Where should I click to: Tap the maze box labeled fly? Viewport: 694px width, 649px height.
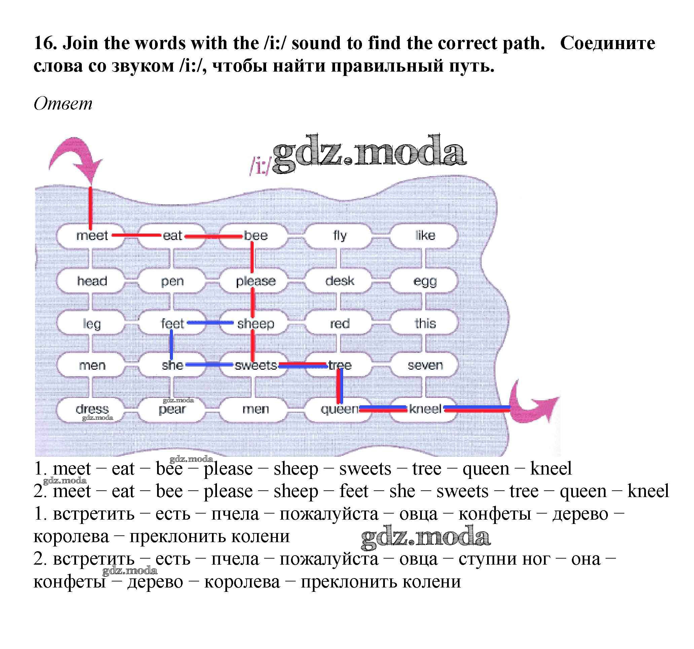point(339,236)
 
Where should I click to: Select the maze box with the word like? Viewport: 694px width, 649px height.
point(425,236)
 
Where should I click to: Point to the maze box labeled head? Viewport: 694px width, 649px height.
point(92,281)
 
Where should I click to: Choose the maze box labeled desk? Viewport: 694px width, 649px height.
point(339,281)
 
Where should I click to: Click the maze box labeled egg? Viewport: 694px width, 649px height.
point(425,281)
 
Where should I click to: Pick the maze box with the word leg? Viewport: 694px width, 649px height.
point(92,324)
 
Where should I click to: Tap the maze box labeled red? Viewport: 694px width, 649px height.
point(339,324)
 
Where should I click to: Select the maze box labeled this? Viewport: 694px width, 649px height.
point(425,324)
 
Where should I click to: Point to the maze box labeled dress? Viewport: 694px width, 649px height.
point(92,409)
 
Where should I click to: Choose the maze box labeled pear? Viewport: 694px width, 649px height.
point(172,409)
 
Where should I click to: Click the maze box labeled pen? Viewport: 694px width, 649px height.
point(172,281)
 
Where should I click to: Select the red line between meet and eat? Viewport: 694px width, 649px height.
point(136,235)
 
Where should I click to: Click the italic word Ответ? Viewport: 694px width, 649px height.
point(63,104)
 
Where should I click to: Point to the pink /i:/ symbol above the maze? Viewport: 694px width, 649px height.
point(260,166)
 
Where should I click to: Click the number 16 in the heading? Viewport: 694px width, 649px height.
point(45,43)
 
